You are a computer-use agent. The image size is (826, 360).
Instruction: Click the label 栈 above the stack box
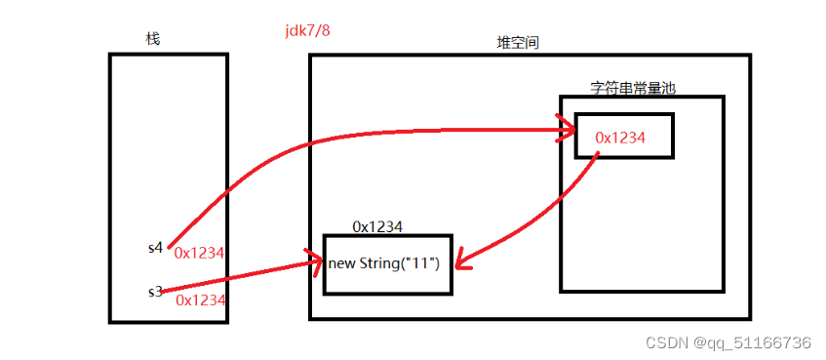(152, 39)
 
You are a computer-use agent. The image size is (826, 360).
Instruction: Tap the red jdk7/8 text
(307, 30)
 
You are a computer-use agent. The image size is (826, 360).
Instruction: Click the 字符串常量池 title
(633, 88)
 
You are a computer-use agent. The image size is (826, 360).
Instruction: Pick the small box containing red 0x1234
(624, 137)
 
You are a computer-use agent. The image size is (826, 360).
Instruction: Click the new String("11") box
(388, 264)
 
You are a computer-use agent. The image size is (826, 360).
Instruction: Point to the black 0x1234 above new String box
(378, 226)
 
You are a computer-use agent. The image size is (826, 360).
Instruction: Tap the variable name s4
(154, 248)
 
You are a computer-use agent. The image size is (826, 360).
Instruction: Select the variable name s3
(154, 291)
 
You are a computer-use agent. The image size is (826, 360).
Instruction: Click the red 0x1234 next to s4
(199, 253)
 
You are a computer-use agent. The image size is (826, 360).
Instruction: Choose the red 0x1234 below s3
(201, 300)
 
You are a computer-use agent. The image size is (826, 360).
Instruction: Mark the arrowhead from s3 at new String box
(314, 260)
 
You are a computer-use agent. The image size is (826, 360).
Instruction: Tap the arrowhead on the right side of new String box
(463, 262)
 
